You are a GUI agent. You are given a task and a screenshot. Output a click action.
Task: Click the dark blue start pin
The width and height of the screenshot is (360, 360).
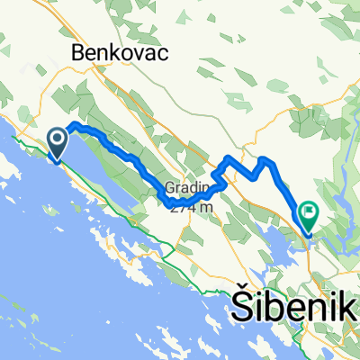pyautogui.click(x=56, y=142)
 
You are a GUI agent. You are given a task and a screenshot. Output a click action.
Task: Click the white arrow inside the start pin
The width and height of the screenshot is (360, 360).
pyautogui.click(x=56, y=139)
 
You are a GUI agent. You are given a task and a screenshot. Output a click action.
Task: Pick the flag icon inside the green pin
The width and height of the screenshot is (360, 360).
pyautogui.click(x=310, y=213)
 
